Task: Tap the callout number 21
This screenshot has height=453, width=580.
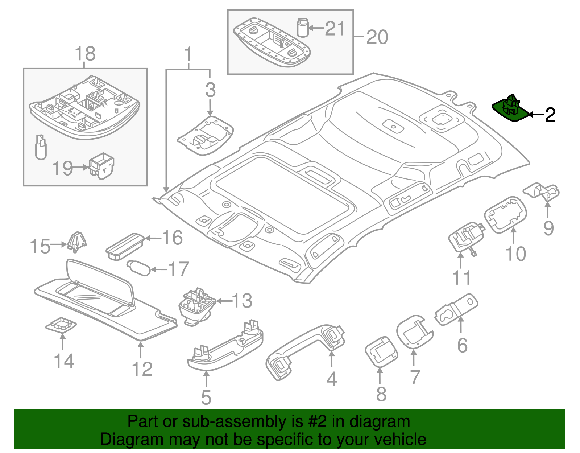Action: pyautogui.click(x=335, y=28)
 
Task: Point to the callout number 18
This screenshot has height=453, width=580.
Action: pyautogui.click(x=85, y=54)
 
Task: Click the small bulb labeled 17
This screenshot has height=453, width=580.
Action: pyautogui.click(x=139, y=268)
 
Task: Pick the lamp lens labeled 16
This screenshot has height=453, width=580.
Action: pyautogui.click(x=124, y=246)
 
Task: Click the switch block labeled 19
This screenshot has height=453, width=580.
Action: pyautogui.click(x=102, y=165)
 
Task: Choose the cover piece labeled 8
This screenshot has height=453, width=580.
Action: pyautogui.click(x=381, y=351)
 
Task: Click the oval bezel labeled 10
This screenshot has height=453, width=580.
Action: pyautogui.click(x=506, y=214)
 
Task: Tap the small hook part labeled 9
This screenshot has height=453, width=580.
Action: pyautogui.click(x=541, y=191)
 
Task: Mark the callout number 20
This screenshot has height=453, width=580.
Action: pyautogui.click(x=377, y=37)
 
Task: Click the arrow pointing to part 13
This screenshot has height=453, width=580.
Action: pyautogui.click(x=223, y=301)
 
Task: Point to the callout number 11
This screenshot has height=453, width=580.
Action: pyautogui.click(x=461, y=278)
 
